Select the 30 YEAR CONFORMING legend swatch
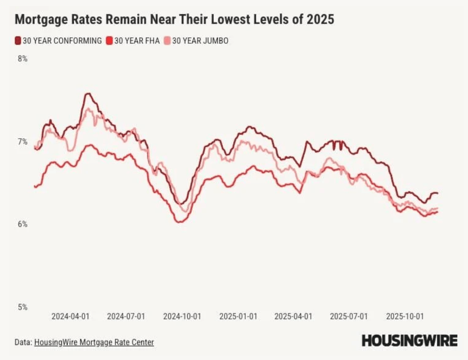(18, 41)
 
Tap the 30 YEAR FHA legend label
(137, 41)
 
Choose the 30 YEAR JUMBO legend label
(200, 41)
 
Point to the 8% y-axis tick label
(22, 59)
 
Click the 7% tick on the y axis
(22, 141)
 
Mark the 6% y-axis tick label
(22, 224)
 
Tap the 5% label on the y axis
(22, 307)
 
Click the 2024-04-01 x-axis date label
(70, 316)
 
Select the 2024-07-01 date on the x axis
(126, 316)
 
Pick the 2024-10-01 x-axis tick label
(182, 316)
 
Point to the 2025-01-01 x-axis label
(238, 316)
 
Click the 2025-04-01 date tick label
(293, 316)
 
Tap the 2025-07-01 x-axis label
(349, 316)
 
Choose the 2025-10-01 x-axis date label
(405, 316)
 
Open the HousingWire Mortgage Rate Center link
(94, 342)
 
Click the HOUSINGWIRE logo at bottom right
(410, 341)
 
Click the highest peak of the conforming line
(88, 94)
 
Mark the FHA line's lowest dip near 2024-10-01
(180, 221)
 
